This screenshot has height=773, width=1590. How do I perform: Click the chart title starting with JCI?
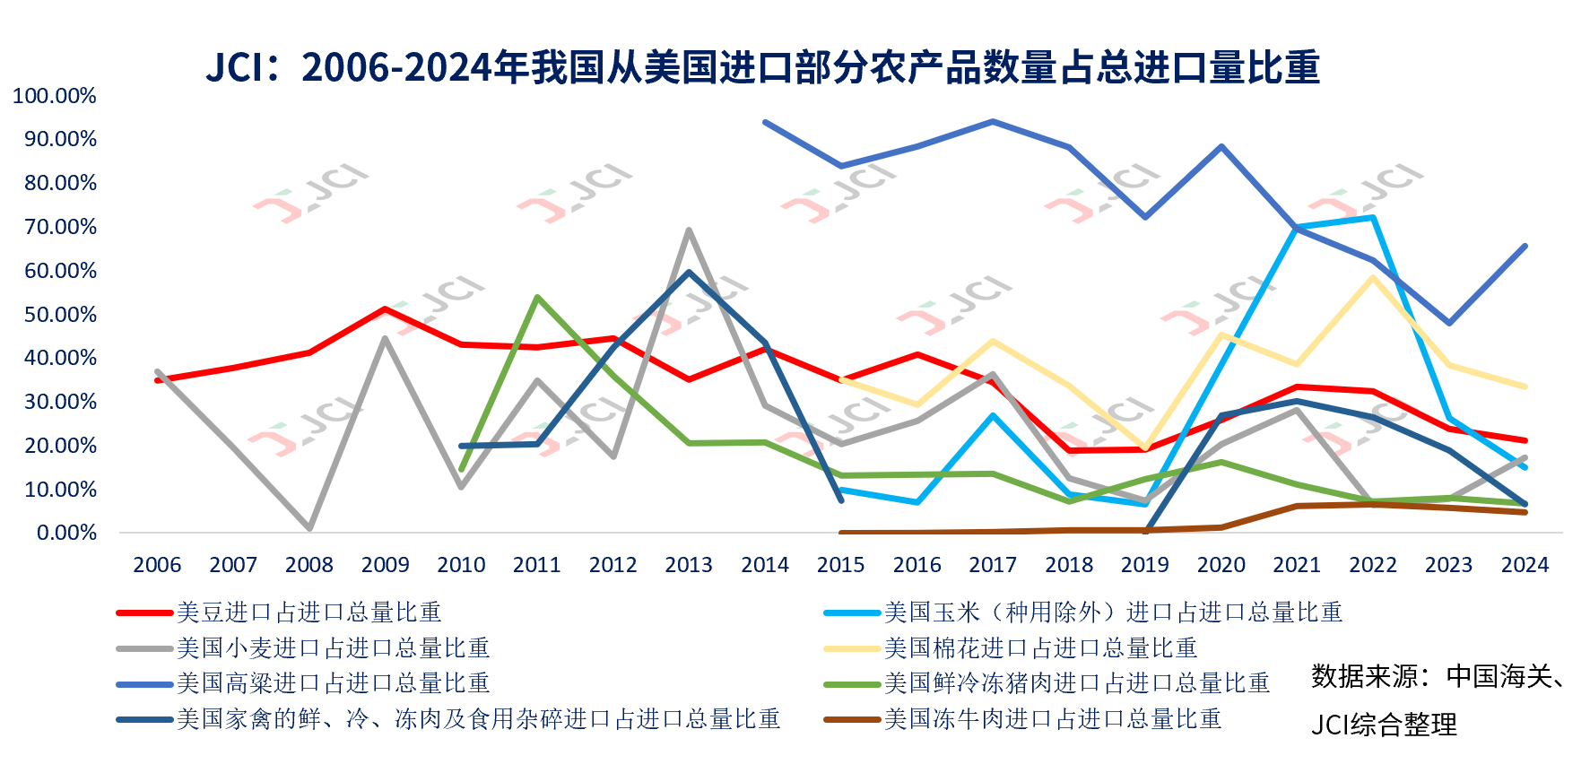[762, 68]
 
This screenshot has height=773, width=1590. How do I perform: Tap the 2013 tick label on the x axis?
[689, 565]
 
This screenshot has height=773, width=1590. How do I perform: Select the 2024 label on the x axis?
[1525, 565]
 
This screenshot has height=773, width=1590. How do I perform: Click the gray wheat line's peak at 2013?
[689, 230]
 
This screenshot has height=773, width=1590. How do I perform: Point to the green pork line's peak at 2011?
[537, 297]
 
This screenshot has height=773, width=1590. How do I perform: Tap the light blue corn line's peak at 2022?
[1373, 218]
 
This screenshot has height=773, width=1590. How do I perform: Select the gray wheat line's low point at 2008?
[309, 529]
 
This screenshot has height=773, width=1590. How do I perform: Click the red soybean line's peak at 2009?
[385, 309]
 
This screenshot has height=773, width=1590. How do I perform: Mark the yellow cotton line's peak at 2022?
[1373, 277]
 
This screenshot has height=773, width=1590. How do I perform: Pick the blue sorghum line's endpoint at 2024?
[1525, 247]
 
